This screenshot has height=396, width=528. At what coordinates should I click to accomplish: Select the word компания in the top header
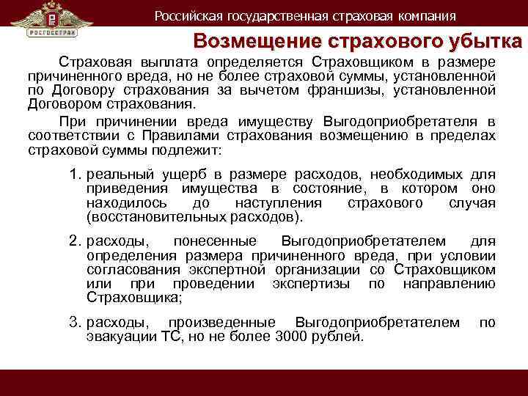pyautogui.click(x=423, y=15)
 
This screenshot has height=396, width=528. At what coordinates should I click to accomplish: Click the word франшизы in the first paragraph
pyautogui.click(x=348, y=92)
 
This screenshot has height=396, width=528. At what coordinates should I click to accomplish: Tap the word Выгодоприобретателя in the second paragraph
pyautogui.click(x=411, y=121)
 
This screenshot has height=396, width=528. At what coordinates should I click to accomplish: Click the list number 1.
pyautogui.click(x=74, y=174)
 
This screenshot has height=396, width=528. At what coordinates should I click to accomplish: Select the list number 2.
pyautogui.click(x=74, y=241)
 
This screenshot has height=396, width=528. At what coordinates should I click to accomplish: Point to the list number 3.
pyautogui.click(x=74, y=322)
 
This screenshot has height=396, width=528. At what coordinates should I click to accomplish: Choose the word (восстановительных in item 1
pyautogui.click(x=140, y=218)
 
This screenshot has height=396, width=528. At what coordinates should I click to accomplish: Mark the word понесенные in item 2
pyautogui.click(x=215, y=241)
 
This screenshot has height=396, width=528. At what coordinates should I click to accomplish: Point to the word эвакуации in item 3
pyautogui.click(x=119, y=337)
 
